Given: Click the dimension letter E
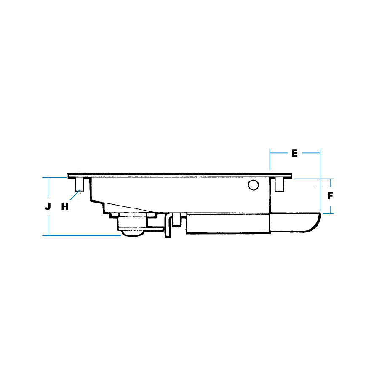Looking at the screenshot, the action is coord(294,153).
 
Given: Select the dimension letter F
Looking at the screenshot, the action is coord(330,196).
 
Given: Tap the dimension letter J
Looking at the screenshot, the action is coord(48,206).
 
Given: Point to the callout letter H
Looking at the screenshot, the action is coord(65,206).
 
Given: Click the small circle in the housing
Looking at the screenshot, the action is coord(253,185).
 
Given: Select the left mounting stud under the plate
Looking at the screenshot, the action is coord(80,185).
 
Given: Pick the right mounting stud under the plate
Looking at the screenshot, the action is coord(280,185).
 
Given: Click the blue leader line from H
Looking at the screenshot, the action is coord(75,195).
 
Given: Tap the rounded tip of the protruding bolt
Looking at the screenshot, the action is coord(314,223).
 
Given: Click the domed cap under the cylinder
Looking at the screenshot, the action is coord(133,233).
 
